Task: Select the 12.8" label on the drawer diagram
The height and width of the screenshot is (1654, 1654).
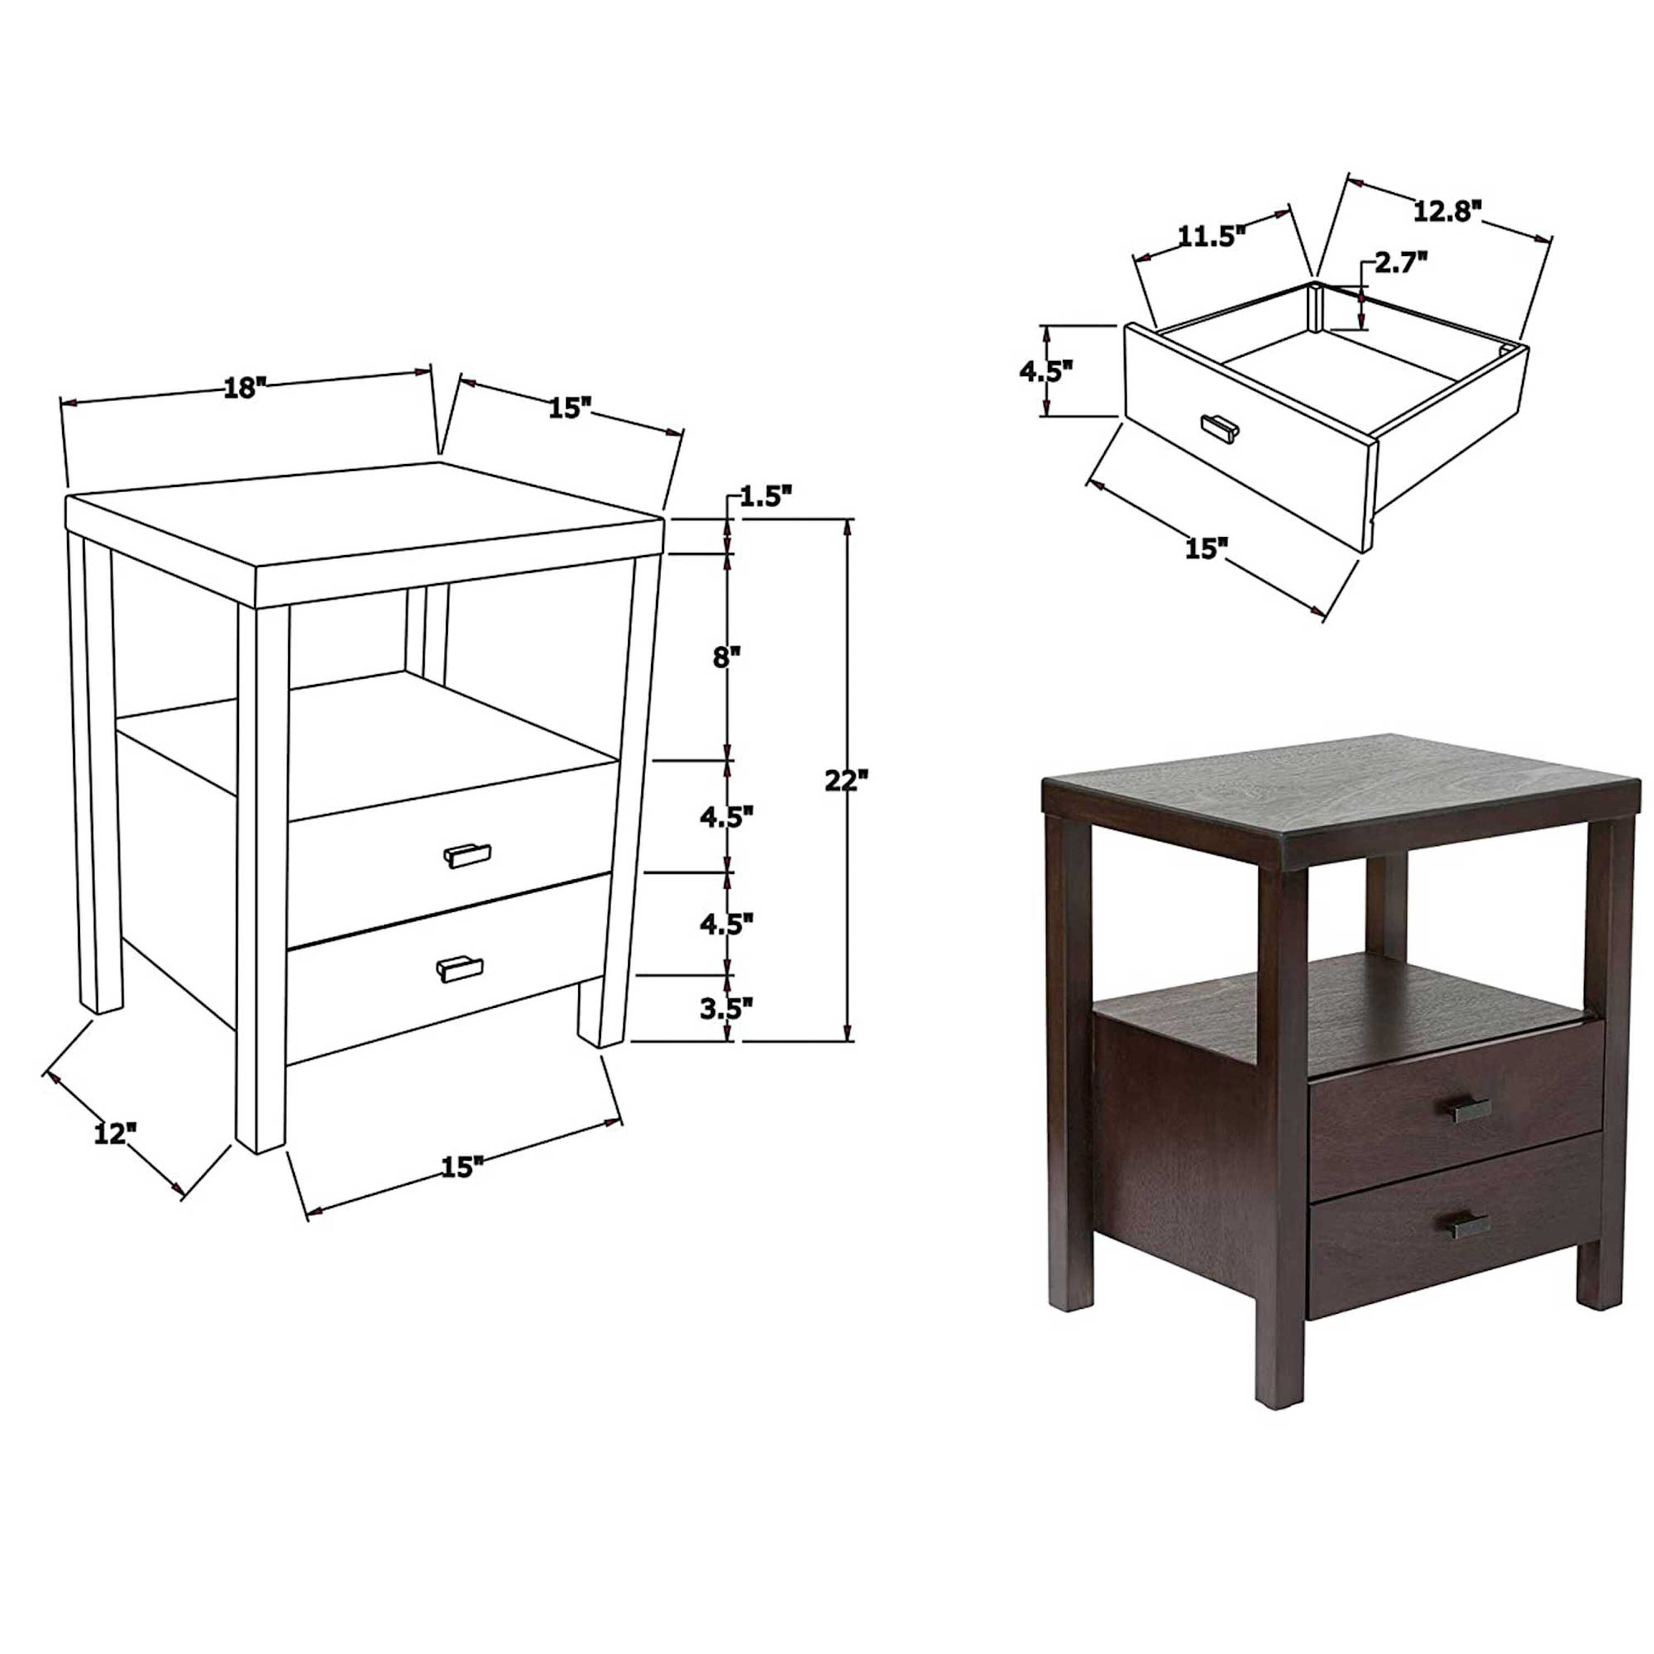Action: (x=1446, y=210)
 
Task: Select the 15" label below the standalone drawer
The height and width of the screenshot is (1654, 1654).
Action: (x=1206, y=548)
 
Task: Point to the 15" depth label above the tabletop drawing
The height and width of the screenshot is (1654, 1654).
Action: (x=570, y=407)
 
